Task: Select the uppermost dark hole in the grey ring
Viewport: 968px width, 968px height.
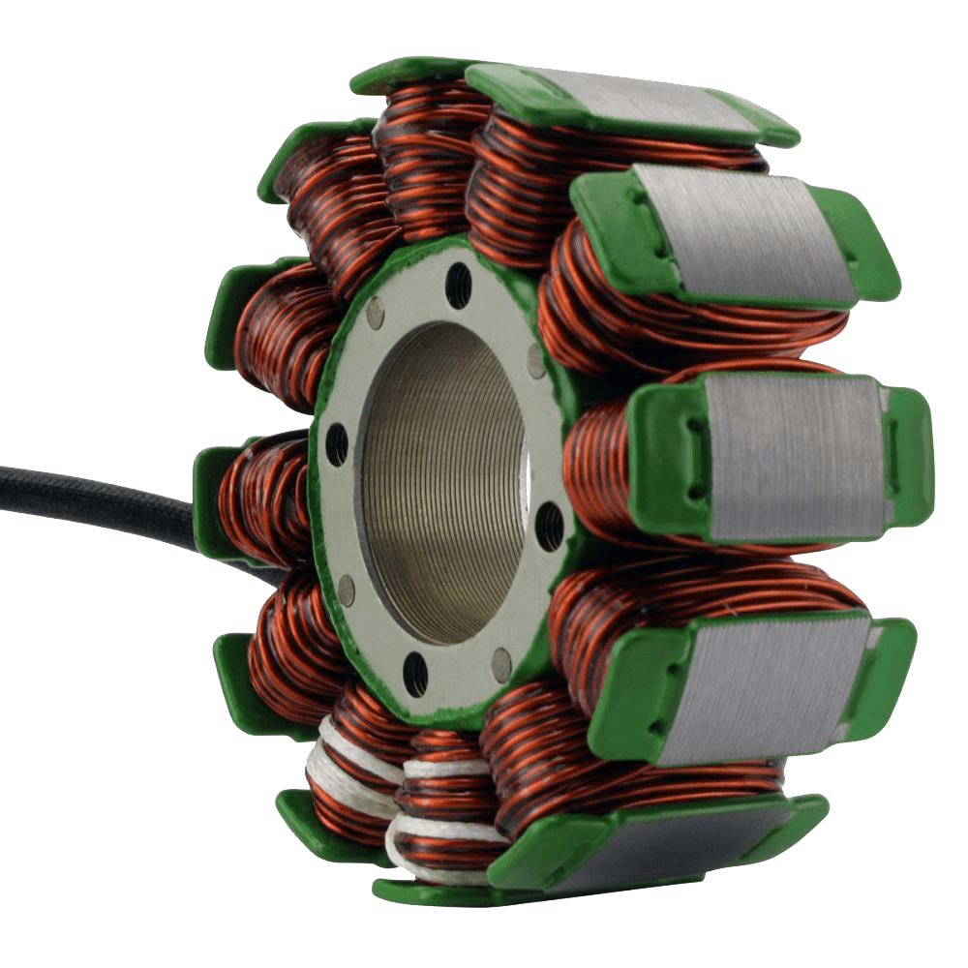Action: pyautogui.click(x=459, y=286)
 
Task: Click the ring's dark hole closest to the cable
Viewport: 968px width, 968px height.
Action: pyautogui.click(x=336, y=444)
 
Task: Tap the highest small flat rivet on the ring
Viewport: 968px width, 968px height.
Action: pyautogui.click(x=376, y=312)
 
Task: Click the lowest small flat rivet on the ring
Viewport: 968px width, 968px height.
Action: pyautogui.click(x=500, y=662)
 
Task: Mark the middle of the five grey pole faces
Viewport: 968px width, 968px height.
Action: pyautogui.click(x=794, y=455)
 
